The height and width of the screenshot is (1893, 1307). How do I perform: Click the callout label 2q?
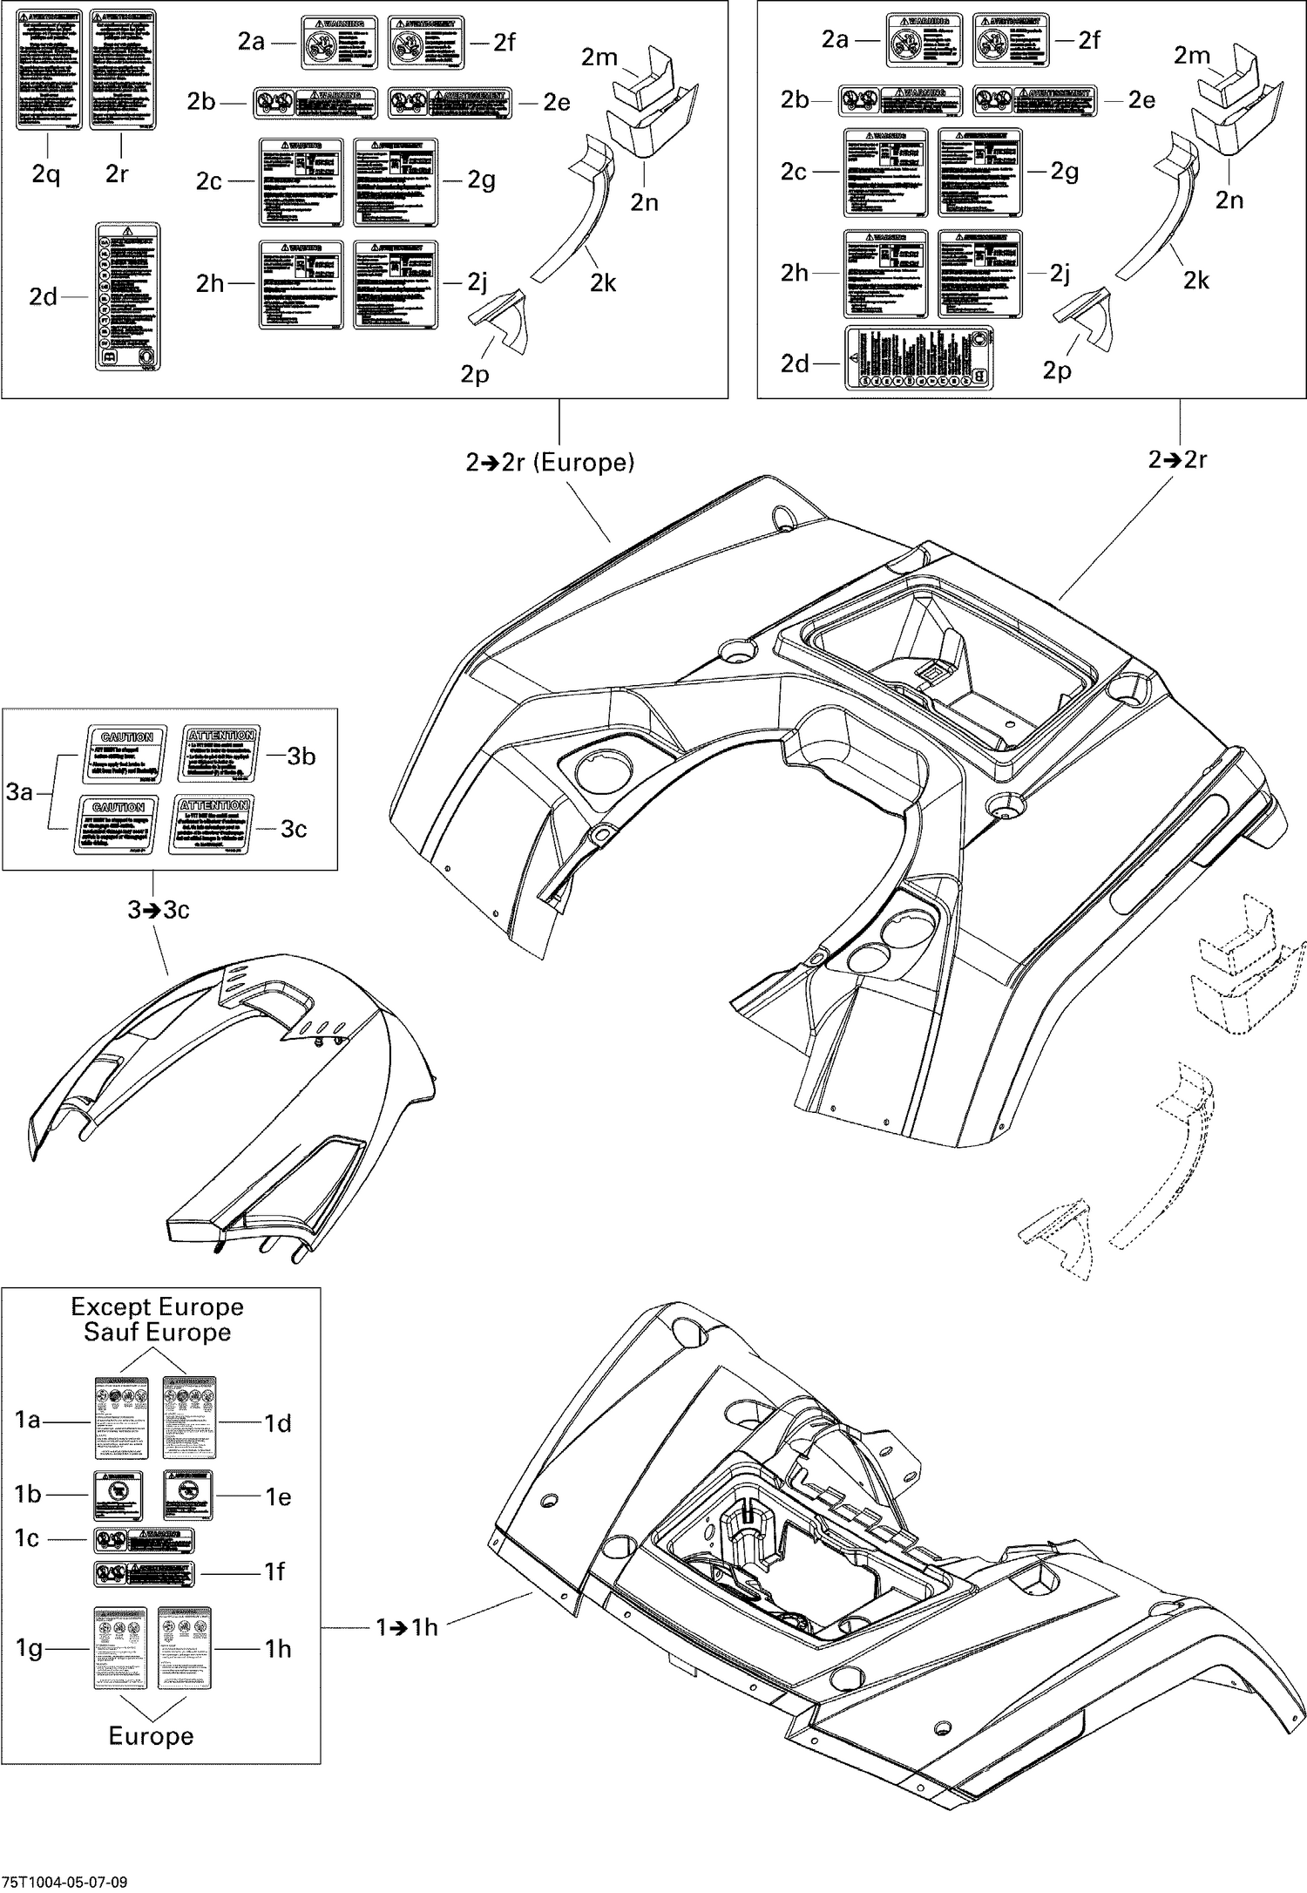point(46,174)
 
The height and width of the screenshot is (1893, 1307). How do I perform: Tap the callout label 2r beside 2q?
point(117,174)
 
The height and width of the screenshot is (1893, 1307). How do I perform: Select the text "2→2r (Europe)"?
point(550,462)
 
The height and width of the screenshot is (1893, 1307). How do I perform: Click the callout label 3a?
point(19,791)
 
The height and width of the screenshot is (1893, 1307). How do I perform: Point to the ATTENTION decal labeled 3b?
point(222,755)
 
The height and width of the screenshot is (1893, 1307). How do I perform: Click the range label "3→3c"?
point(159,910)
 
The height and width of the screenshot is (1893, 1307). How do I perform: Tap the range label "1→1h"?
point(407,1626)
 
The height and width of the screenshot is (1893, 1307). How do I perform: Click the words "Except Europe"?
point(157,1306)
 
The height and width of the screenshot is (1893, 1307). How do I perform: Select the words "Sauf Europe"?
point(157,1332)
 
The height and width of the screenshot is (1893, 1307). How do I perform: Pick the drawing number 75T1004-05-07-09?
point(64,1881)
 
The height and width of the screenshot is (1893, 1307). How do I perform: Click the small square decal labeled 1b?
point(118,1496)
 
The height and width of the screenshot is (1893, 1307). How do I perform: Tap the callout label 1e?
point(279,1496)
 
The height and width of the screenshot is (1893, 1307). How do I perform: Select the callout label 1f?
point(275,1571)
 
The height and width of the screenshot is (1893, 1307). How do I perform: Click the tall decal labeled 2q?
point(50,69)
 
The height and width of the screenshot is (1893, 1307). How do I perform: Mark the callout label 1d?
point(278,1423)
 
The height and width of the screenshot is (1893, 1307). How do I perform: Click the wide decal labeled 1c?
point(144,1540)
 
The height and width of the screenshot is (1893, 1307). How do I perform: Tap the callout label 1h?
point(278,1648)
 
